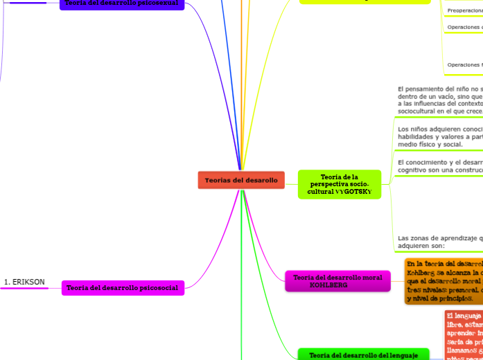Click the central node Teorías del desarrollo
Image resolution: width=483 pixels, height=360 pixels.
point(241,180)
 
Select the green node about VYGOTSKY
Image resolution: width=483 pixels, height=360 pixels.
point(340,184)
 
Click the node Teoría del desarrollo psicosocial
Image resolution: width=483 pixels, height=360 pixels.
point(123,288)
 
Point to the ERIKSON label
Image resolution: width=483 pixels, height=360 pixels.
point(24,282)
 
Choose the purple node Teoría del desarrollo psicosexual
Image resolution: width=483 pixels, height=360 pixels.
point(122,3)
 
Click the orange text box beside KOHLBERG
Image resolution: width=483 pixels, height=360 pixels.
point(444,282)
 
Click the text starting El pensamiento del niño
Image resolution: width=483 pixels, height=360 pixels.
point(439,100)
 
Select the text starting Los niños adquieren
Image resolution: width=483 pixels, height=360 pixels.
point(439,136)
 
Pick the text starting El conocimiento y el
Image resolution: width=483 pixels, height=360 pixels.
point(439,166)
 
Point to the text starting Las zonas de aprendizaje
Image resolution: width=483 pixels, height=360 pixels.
point(439,241)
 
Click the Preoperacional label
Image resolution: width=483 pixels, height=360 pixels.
point(465,10)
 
